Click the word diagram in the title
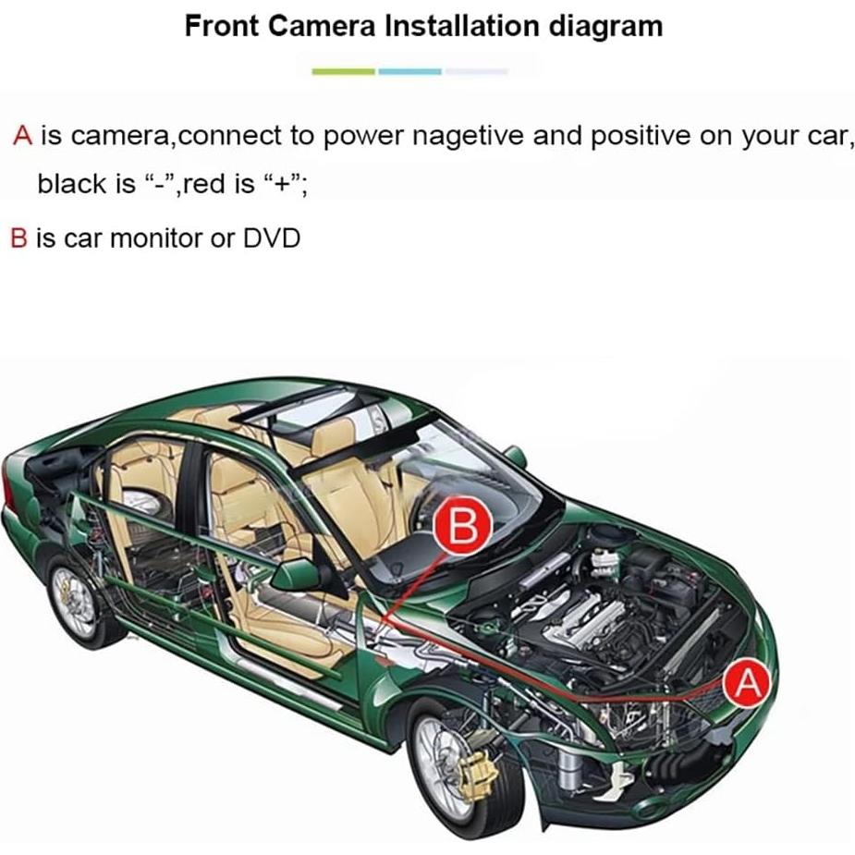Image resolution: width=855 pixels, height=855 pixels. tap(606, 25)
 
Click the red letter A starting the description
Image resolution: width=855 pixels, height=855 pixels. tap(23, 137)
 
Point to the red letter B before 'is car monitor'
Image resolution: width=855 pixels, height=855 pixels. tap(18, 238)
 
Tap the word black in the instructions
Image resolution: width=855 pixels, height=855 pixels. tap(72, 184)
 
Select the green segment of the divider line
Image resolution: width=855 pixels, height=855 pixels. tap(343, 71)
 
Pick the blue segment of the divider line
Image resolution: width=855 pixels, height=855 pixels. tap(409, 71)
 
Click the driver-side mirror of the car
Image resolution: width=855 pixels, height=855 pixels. tap(298, 574)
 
